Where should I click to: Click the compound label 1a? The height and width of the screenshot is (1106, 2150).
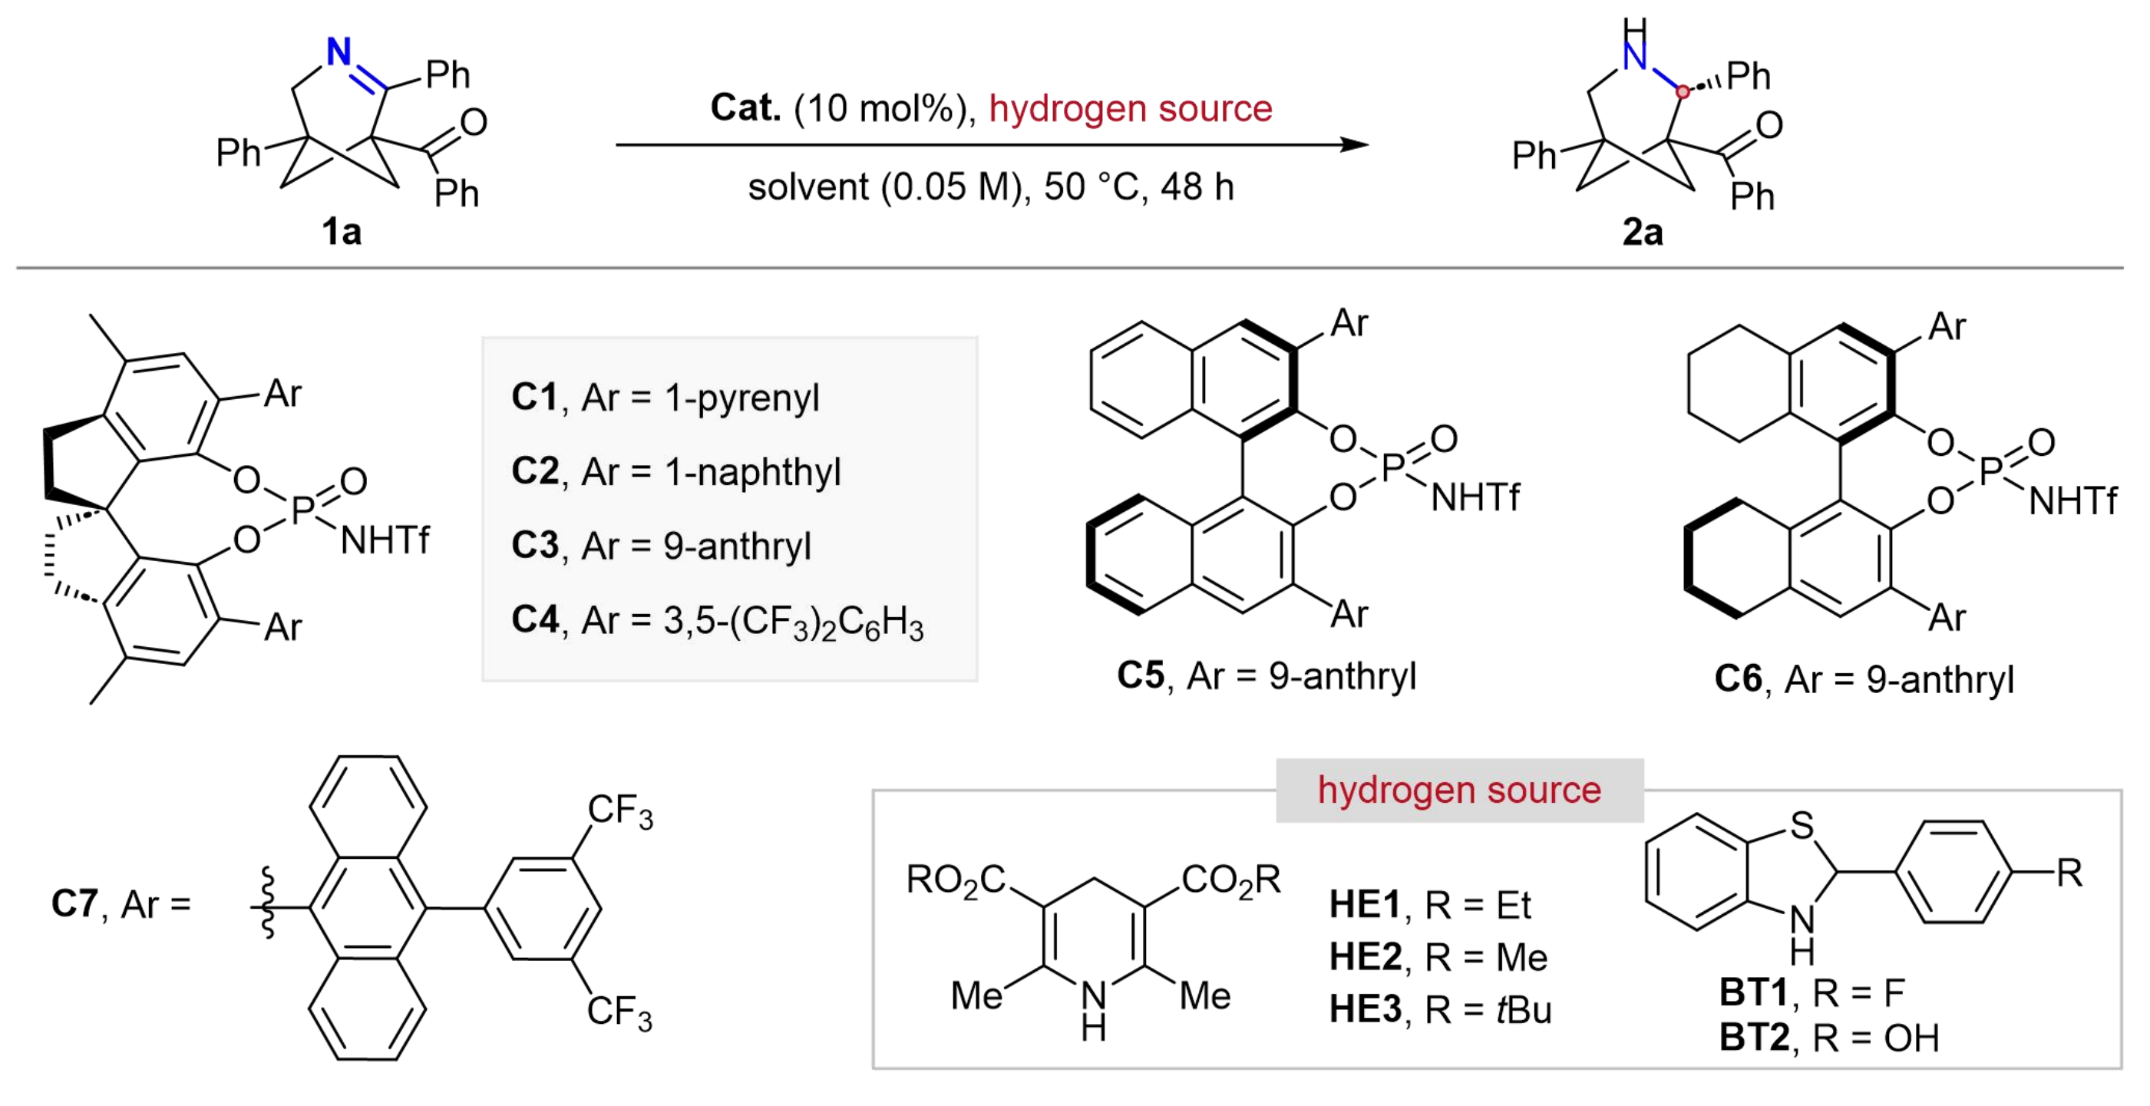tap(342, 231)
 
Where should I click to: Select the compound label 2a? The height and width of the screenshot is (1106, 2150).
tap(1643, 231)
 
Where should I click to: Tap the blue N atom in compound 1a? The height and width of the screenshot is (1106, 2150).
tap(339, 51)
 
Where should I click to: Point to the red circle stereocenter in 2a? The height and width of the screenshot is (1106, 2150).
tap(1683, 91)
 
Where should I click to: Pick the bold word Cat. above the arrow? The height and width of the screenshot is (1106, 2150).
tap(745, 107)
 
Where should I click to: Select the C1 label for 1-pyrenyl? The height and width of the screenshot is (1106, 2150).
tap(534, 398)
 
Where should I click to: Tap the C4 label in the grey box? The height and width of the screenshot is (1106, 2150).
tap(535, 620)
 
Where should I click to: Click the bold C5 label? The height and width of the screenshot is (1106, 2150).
tap(1141, 675)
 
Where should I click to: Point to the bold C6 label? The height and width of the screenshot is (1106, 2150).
tap(1739, 678)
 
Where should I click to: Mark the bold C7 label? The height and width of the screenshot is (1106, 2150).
tap(74, 903)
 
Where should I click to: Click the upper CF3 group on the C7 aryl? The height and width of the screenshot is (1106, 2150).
tap(620, 811)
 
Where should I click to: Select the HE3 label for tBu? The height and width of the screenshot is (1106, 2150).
tap(1366, 1009)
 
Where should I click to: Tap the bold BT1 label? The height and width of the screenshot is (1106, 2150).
tap(1754, 992)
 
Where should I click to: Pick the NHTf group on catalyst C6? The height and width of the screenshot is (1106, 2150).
tap(2072, 502)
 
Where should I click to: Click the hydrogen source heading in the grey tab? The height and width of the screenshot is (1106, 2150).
tap(1460, 790)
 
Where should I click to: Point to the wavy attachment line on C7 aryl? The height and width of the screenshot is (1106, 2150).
tap(268, 903)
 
